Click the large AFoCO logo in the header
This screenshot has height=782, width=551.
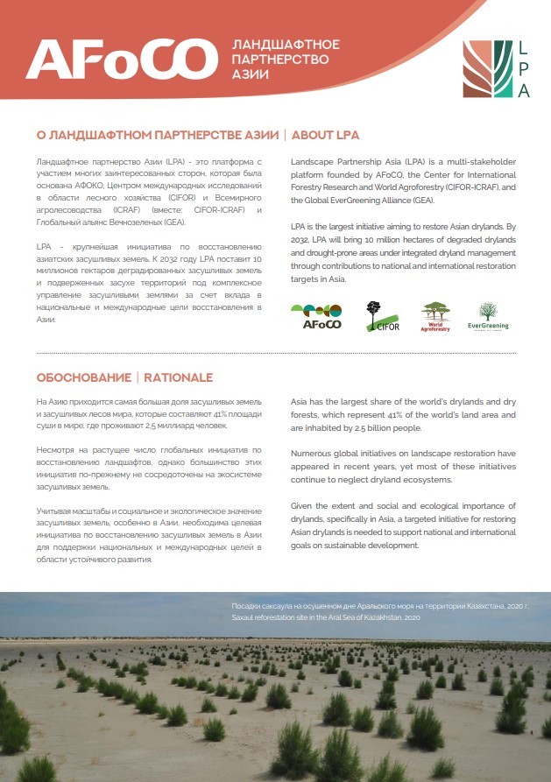pyautogui.click(x=120, y=60)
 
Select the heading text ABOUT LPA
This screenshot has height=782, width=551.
pyautogui.click(x=325, y=136)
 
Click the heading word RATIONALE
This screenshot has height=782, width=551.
pyautogui.click(x=179, y=377)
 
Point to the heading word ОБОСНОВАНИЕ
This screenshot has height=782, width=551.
pyautogui.click(x=82, y=377)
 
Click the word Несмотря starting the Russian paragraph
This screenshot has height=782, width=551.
pyautogui.click(x=56, y=447)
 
